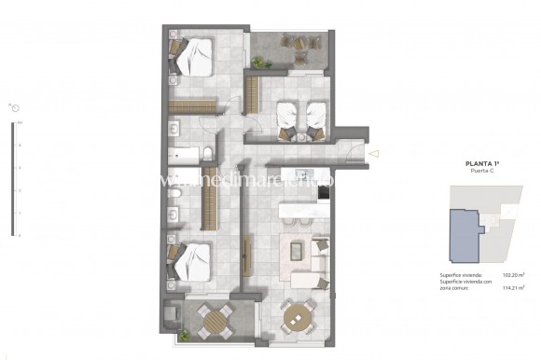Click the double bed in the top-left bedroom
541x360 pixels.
click(x=193, y=59)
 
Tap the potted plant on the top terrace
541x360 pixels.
click(x=258, y=62)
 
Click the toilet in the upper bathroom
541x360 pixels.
click(x=212, y=153)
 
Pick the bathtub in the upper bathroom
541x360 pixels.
click(x=184, y=153)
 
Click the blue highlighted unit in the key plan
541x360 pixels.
click(x=465, y=234)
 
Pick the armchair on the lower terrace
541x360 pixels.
click(x=173, y=317)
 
